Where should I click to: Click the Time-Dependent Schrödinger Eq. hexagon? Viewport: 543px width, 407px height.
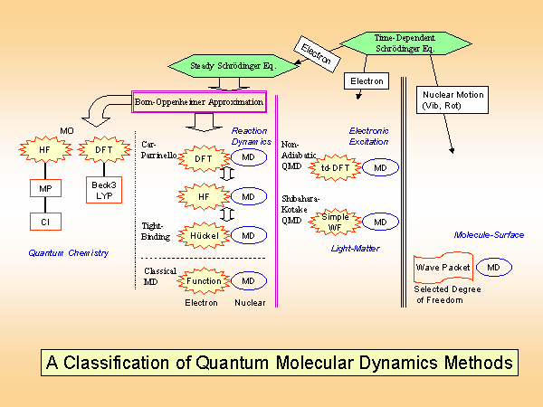tap(405, 43)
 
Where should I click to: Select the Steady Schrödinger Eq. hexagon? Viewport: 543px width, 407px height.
tap(233, 66)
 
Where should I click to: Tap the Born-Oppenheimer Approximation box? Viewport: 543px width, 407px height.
tap(200, 102)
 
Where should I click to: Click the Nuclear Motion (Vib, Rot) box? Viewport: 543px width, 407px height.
tap(452, 99)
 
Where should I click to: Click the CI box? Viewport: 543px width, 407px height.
tap(44, 222)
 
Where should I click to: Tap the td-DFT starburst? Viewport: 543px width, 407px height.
tap(335, 167)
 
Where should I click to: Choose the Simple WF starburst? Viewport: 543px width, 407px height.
tap(335, 222)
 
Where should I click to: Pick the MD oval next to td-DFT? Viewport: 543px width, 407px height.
tap(381, 167)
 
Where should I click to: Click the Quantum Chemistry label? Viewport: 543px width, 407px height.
tap(68, 253)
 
